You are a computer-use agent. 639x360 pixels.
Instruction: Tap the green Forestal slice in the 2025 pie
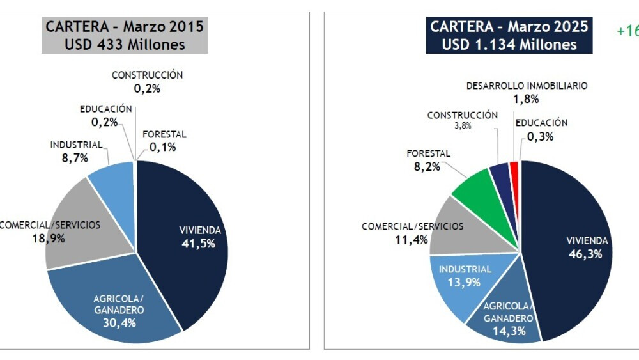(476, 192)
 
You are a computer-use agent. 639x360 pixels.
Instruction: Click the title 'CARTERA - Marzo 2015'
(124, 27)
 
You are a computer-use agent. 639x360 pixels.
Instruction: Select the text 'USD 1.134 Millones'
(509, 45)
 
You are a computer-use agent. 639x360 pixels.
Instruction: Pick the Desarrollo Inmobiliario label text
(527, 85)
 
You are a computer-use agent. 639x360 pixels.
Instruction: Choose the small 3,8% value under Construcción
(463, 126)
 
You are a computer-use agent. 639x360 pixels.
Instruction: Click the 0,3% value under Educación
(541, 136)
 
